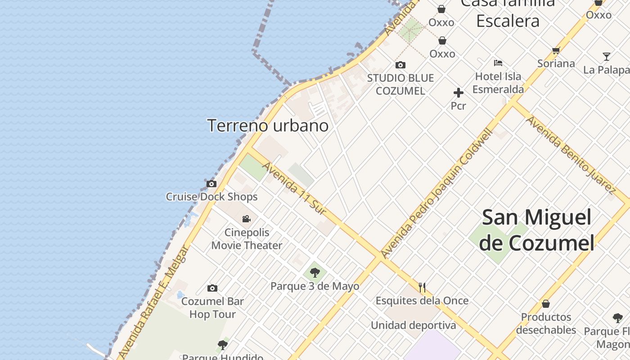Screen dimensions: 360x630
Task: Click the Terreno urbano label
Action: pyautogui.click(x=268, y=126)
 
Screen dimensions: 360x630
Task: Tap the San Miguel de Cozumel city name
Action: pyautogui.click(x=536, y=230)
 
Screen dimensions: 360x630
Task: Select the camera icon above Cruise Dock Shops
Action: pyautogui.click(x=211, y=184)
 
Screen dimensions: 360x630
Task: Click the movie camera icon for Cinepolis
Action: pyautogui.click(x=247, y=219)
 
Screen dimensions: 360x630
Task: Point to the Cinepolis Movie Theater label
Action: pyautogui.click(x=247, y=239)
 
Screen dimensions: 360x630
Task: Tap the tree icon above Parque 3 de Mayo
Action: pyautogui.click(x=315, y=272)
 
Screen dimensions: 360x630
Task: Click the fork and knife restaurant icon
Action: pyautogui.click(x=422, y=287)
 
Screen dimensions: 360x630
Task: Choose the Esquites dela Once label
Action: pyautogui.click(x=422, y=301)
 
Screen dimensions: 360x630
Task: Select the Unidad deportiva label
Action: pyautogui.click(x=413, y=325)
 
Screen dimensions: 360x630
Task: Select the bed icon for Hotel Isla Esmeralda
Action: pyautogui.click(x=498, y=63)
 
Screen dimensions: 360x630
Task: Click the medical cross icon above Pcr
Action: pyautogui.click(x=458, y=93)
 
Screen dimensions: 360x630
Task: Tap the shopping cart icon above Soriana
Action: pyautogui.click(x=556, y=51)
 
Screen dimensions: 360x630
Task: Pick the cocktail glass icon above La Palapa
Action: pyautogui.click(x=607, y=57)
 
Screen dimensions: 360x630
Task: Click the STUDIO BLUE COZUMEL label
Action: pyautogui.click(x=400, y=84)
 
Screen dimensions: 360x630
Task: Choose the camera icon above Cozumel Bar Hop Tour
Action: pyautogui.click(x=212, y=288)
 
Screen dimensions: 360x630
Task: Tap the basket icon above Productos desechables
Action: pyautogui.click(x=546, y=304)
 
